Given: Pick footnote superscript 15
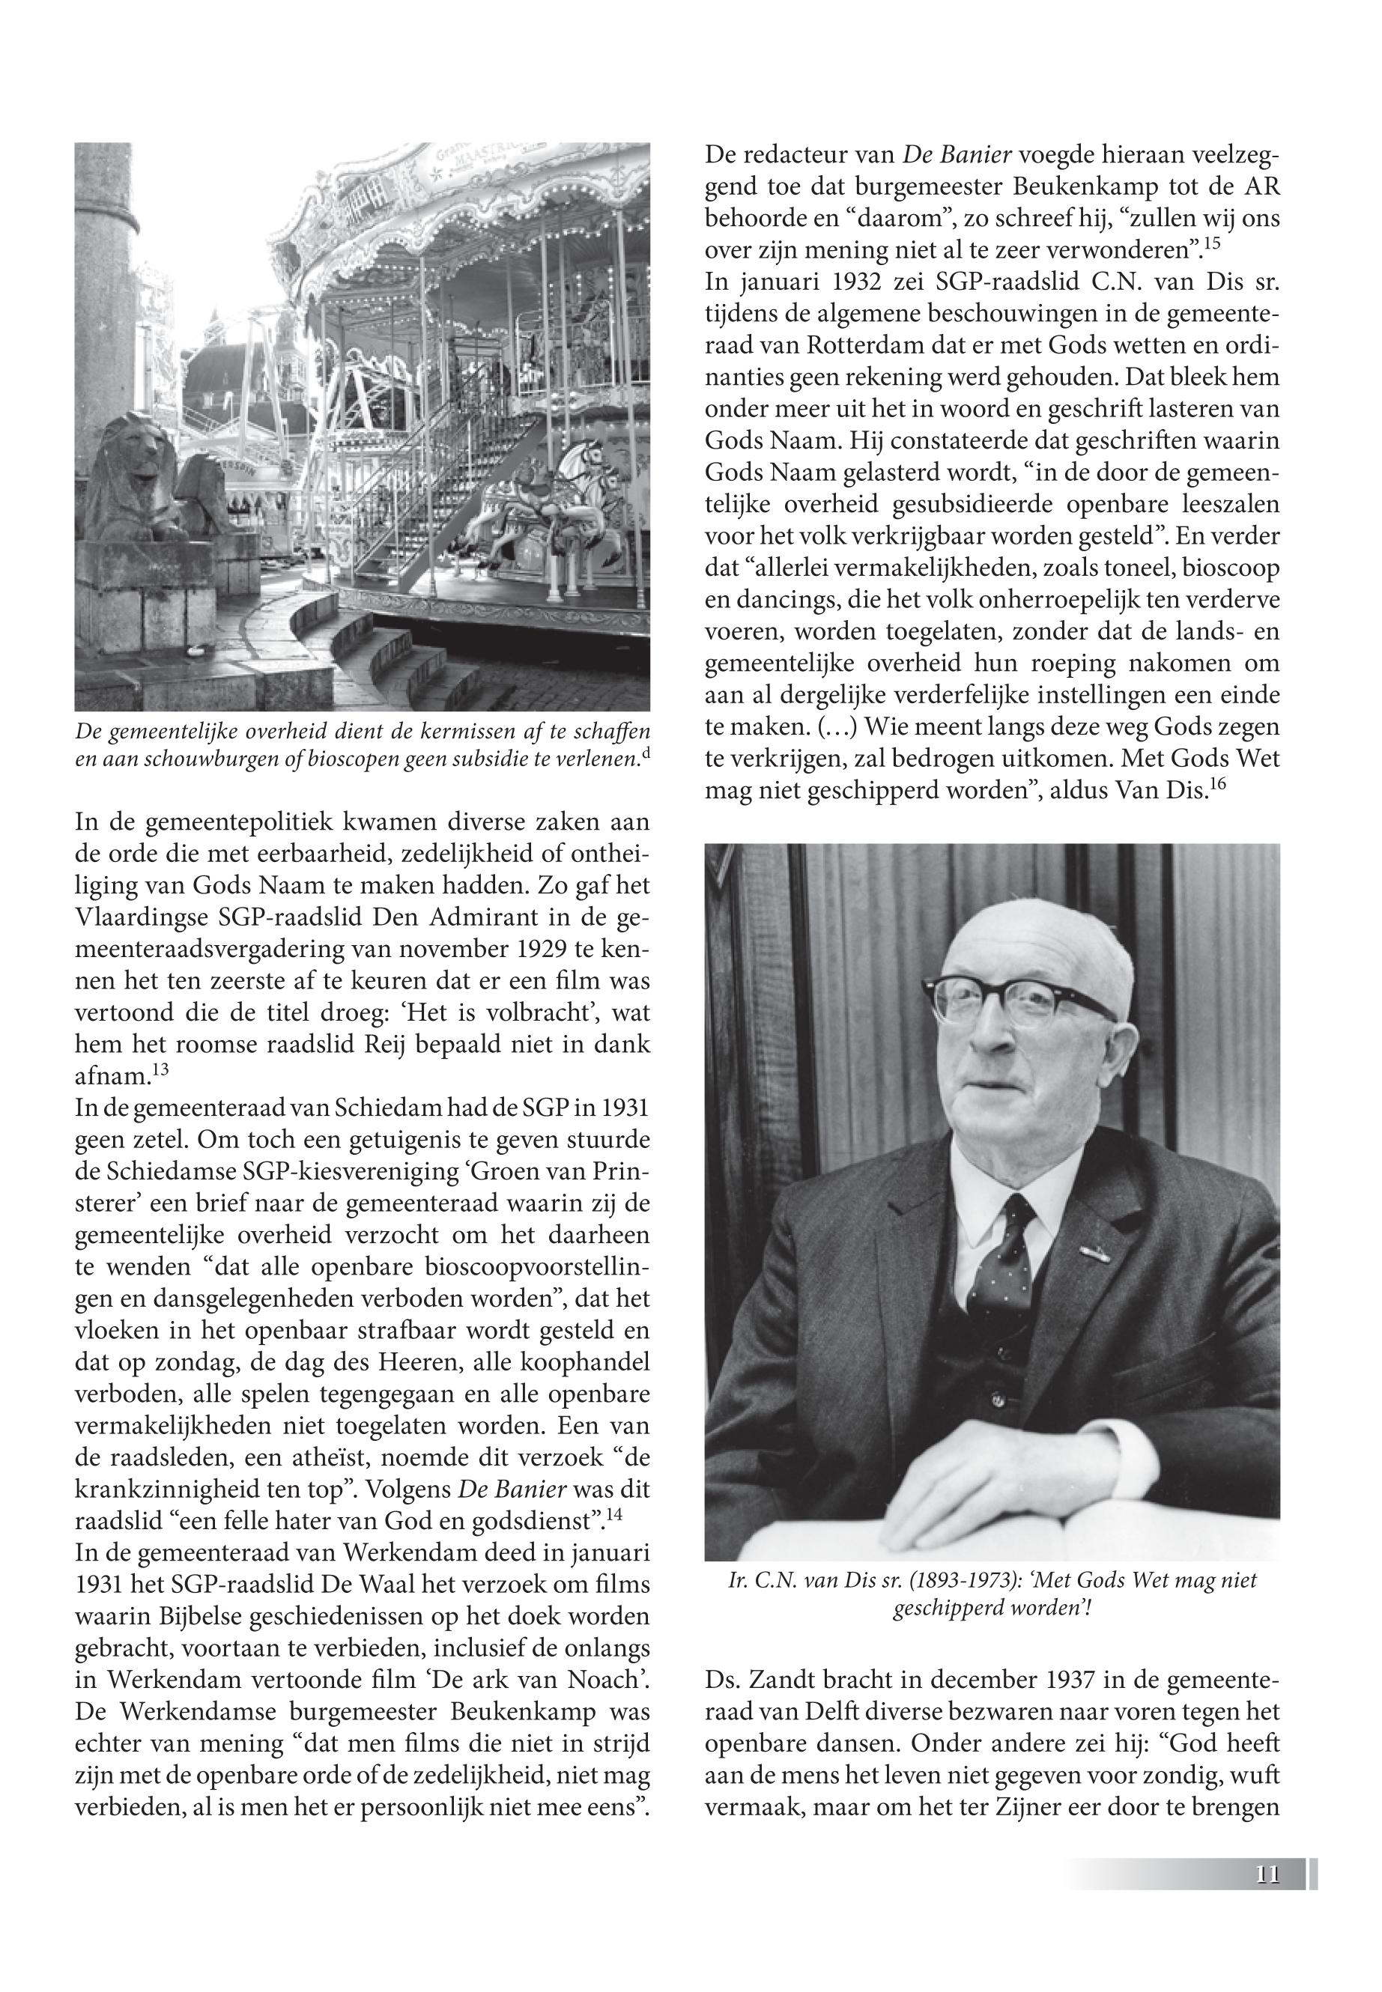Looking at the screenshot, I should coord(1211,245).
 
